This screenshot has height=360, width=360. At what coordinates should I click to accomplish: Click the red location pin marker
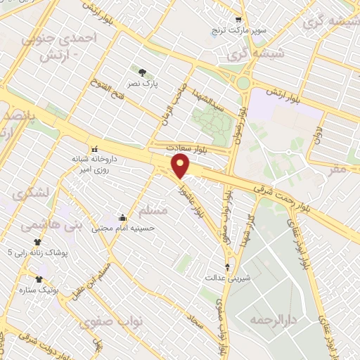pyautogui.click(x=181, y=167)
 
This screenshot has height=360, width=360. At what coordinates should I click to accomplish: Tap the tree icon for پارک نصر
pyautogui.click(x=143, y=72)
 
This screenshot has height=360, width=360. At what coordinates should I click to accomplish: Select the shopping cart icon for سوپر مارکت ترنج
pyautogui.click(x=239, y=20)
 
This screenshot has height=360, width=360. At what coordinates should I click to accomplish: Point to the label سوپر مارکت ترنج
pyautogui.click(x=240, y=32)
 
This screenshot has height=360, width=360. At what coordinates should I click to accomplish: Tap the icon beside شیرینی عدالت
pyautogui.click(x=226, y=266)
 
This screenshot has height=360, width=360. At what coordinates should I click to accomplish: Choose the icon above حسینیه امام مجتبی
pyautogui.click(x=123, y=217)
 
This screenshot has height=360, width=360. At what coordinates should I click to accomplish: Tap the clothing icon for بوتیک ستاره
pyautogui.click(x=49, y=279)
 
